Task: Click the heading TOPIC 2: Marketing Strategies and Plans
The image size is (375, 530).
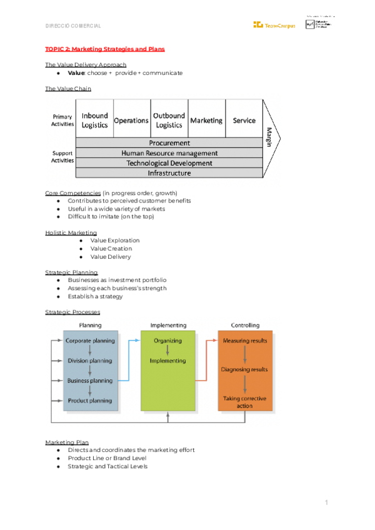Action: (105, 49)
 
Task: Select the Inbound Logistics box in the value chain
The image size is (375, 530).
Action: (94, 120)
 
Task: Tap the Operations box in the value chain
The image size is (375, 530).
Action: (131, 121)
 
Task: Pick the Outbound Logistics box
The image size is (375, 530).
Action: (169, 120)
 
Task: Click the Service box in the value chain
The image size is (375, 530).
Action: (244, 121)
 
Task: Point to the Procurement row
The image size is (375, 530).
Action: (169, 143)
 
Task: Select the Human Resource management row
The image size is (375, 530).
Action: (169, 153)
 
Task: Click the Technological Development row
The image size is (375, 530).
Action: (169, 163)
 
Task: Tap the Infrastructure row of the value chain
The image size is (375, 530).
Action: (169, 173)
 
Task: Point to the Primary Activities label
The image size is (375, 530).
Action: (62, 120)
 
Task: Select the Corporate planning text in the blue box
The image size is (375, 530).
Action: (90, 341)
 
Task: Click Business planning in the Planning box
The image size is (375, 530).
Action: (90, 381)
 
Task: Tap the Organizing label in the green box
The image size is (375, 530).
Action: (167, 341)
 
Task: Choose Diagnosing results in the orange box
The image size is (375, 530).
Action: (244, 369)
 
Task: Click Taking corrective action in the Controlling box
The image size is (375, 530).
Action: (244, 402)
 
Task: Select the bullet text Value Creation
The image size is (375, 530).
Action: (111, 249)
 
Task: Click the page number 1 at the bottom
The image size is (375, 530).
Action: (326, 502)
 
